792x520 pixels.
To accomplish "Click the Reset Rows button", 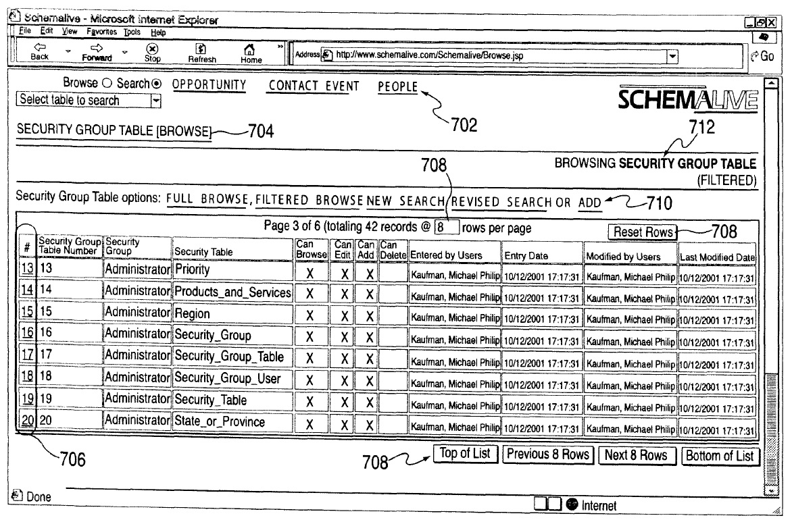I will click(643, 232).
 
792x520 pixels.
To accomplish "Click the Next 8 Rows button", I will click(635, 455).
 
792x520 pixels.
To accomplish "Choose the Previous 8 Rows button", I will click(548, 454).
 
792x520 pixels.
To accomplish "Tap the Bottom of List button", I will click(719, 455).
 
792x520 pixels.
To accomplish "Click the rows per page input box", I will click(447, 228).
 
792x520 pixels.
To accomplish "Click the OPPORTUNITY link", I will click(209, 86).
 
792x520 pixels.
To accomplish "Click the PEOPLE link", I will click(398, 86).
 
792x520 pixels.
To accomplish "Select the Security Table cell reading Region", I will click(193, 314).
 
